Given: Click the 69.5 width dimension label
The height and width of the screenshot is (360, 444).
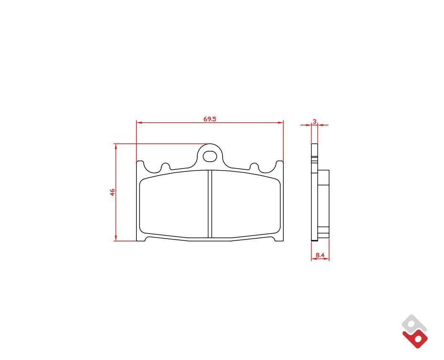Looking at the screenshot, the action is click(x=209, y=119).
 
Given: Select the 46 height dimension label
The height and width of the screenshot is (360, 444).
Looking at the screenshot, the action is click(x=112, y=192).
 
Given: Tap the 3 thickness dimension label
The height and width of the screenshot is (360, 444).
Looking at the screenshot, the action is click(x=314, y=121).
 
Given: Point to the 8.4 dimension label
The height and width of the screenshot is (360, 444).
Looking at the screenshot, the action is click(x=320, y=255).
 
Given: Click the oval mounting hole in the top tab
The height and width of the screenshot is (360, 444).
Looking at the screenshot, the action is click(x=210, y=156).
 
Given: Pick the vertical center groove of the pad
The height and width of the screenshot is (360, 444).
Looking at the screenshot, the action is click(x=210, y=204).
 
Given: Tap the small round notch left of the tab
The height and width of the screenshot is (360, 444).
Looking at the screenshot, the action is click(x=165, y=167).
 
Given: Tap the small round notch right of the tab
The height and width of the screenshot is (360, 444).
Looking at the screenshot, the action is click(x=254, y=167).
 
